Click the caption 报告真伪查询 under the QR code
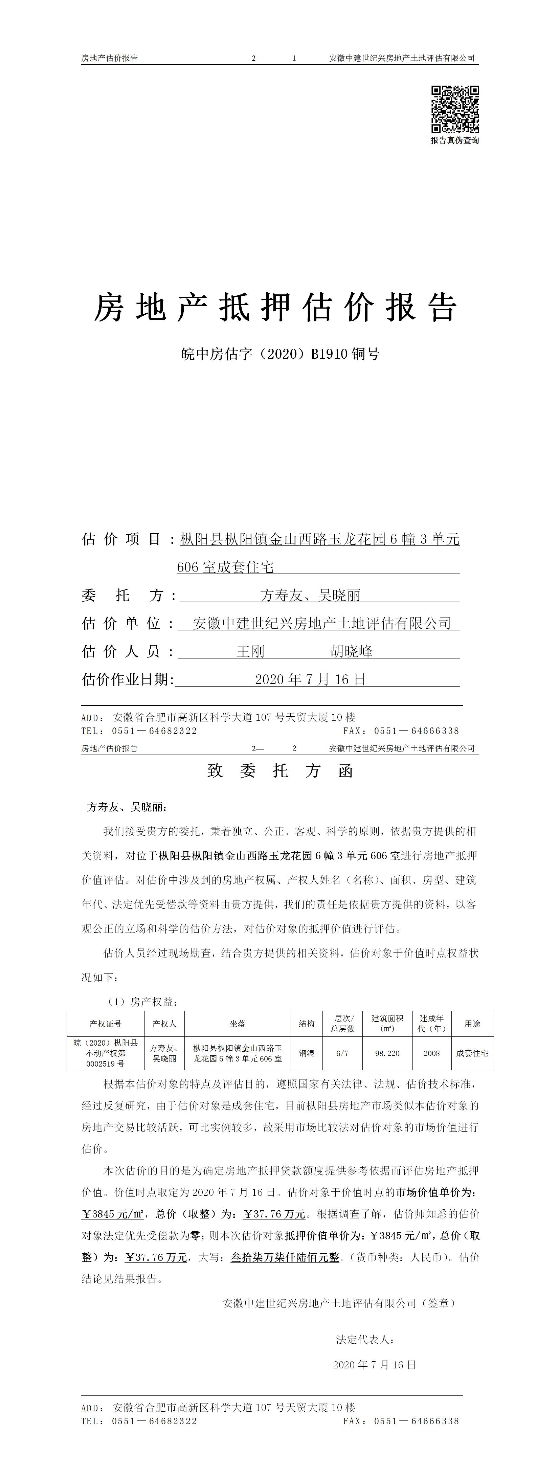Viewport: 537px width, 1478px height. pyautogui.click(x=455, y=140)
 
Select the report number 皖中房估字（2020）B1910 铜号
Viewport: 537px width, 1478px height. pyautogui.click(x=280, y=354)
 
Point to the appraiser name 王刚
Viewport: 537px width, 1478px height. pyautogui.click(x=251, y=652)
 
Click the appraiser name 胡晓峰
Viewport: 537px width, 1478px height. pyautogui.click(x=351, y=652)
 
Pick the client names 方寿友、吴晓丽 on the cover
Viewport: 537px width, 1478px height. pyautogui.click(x=310, y=596)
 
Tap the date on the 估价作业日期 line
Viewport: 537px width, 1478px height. pyautogui.click(x=310, y=680)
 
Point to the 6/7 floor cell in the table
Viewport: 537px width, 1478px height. pyautogui.click(x=342, y=1053)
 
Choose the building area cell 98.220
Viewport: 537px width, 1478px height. pyautogui.click(x=387, y=1053)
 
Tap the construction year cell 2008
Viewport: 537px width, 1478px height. pyautogui.click(x=431, y=1053)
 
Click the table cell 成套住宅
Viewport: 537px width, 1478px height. pyautogui.click(x=472, y=1053)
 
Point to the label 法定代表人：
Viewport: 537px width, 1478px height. pyautogui.click(x=365, y=1340)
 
